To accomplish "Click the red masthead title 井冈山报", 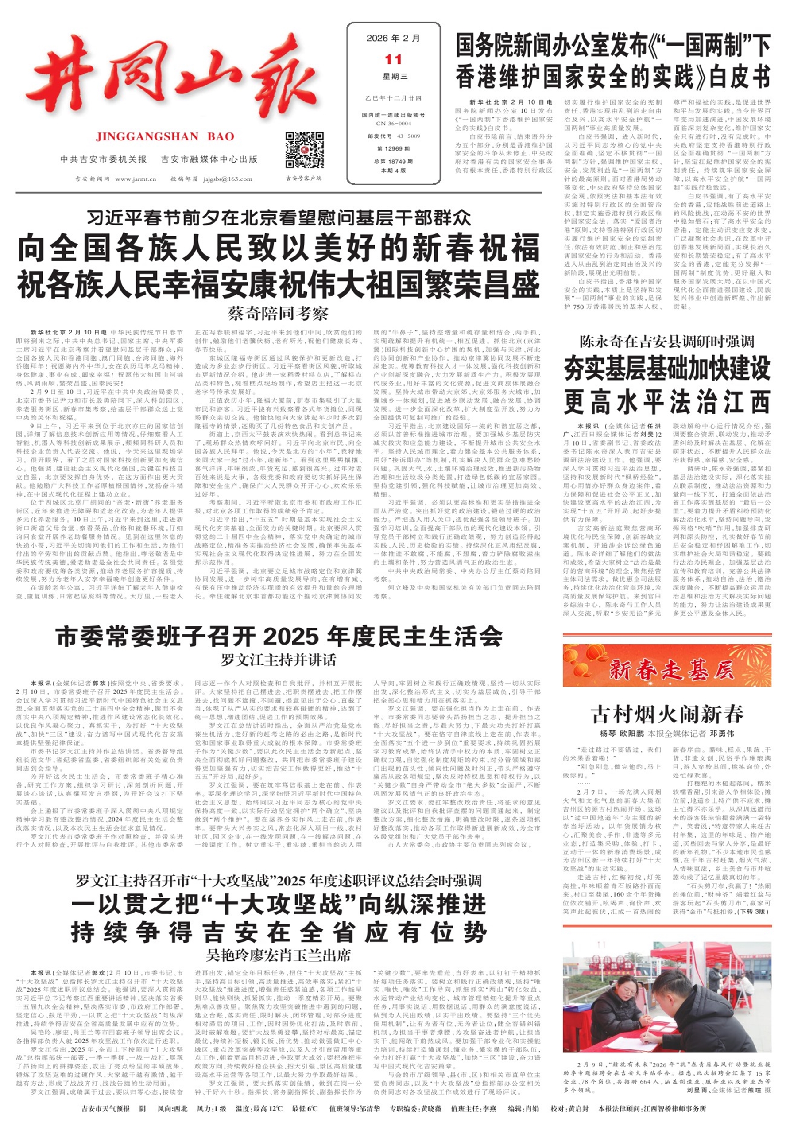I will tap(172, 81).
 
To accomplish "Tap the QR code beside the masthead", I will tap(304, 150).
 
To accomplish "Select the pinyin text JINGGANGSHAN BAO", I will tap(165, 136).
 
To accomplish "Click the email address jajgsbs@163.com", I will tap(227, 179).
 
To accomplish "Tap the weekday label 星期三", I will tap(393, 77).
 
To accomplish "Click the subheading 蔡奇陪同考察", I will tap(278, 314).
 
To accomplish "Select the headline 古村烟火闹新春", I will tap(667, 714).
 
